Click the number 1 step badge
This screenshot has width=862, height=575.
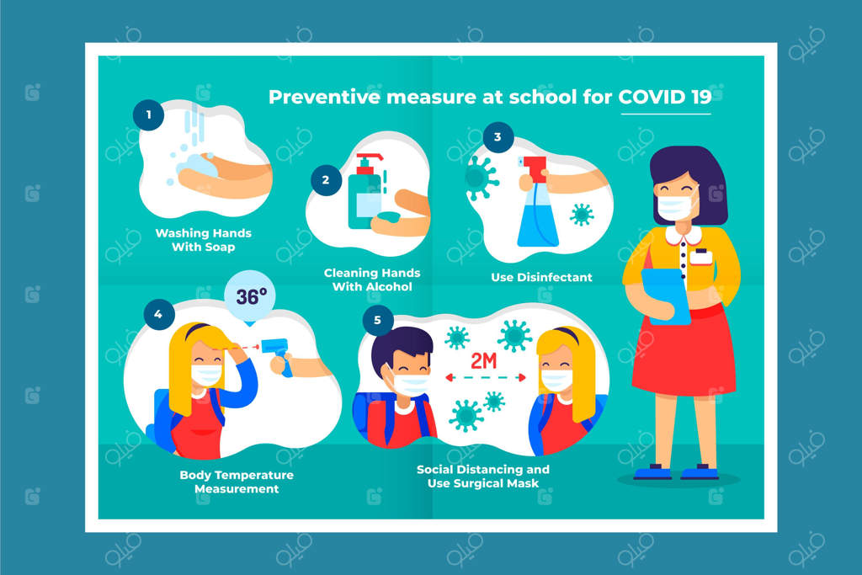(x=148, y=114)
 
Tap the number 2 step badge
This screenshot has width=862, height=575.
(x=326, y=180)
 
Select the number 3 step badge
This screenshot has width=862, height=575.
(x=498, y=137)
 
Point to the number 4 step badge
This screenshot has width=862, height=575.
(x=159, y=314)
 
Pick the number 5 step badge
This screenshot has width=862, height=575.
(x=378, y=320)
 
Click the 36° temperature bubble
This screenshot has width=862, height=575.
(x=250, y=297)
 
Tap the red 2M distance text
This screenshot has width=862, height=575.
(x=484, y=360)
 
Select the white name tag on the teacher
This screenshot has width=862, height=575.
(x=701, y=257)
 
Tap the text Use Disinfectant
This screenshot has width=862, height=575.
(x=541, y=278)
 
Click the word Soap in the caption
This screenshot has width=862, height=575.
(x=220, y=248)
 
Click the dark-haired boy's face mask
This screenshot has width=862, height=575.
(x=410, y=384)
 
